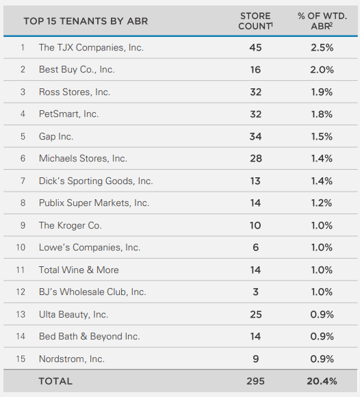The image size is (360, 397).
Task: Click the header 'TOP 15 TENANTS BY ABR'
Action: coord(86,21)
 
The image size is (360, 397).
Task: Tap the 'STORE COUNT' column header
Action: coord(255,21)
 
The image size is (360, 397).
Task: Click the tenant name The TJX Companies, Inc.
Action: coord(91,48)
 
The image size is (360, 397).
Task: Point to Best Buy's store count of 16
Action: coord(255,70)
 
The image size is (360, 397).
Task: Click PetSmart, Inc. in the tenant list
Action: coord(68,114)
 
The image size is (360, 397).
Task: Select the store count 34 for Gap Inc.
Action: coord(255,136)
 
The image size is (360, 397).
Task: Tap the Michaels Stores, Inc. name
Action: coord(83,158)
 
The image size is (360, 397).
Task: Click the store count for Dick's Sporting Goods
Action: coord(255,181)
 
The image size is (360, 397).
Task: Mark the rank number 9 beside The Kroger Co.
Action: coord(23,225)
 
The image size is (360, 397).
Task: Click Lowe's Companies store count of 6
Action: coord(255,247)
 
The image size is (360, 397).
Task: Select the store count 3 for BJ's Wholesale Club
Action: coord(255,292)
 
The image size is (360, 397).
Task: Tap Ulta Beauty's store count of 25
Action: coord(255,314)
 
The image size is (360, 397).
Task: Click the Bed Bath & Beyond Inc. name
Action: coord(89,336)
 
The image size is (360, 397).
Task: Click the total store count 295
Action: coord(255,381)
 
